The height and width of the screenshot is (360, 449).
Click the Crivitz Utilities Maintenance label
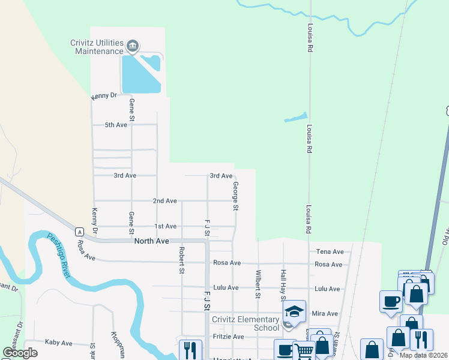tap(98, 47)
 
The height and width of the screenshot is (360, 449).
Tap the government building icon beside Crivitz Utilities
tap(133, 46)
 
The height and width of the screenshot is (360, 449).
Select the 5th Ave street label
tap(116, 125)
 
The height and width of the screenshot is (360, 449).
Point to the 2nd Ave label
tap(164, 200)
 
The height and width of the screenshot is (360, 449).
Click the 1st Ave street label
tap(165, 226)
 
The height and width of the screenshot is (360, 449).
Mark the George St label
tap(236, 196)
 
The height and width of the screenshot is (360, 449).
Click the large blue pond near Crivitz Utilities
tap(140, 74)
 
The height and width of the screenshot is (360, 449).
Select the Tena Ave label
tap(329, 252)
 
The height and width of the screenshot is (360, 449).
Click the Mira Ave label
tap(325, 314)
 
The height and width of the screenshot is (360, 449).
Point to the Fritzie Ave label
tap(229, 337)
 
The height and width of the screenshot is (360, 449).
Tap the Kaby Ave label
tap(58, 343)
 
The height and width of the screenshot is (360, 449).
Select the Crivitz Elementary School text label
tap(245, 323)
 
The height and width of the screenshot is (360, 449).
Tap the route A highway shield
tap(79, 232)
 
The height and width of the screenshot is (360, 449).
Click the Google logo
tap(20, 353)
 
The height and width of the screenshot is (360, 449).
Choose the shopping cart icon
tap(304, 351)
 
